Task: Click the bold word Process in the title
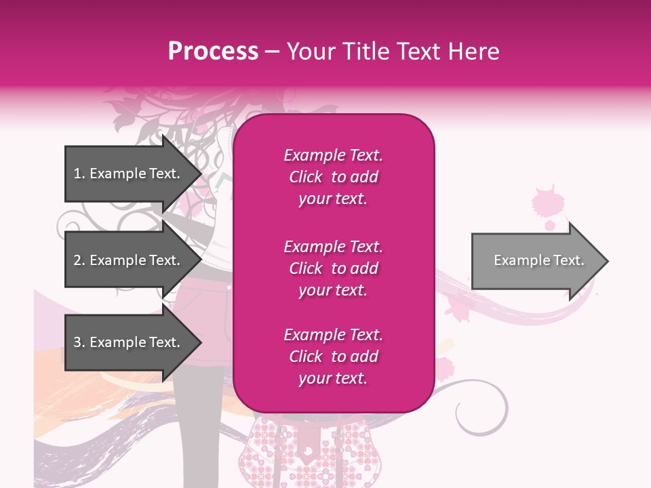pyautogui.click(x=213, y=52)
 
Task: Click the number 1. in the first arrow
pyautogui.click(x=79, y=174)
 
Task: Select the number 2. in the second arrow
pyautogui.click(x=79, y=260)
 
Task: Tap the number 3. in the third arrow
pyautogui.click(x=79, y=342)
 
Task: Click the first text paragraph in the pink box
pyautogui.click(x=333, y=177)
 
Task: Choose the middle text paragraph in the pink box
pyautogui.click(x=333, y=268)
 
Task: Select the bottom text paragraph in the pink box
pyautogui.click(x=333, y=357)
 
